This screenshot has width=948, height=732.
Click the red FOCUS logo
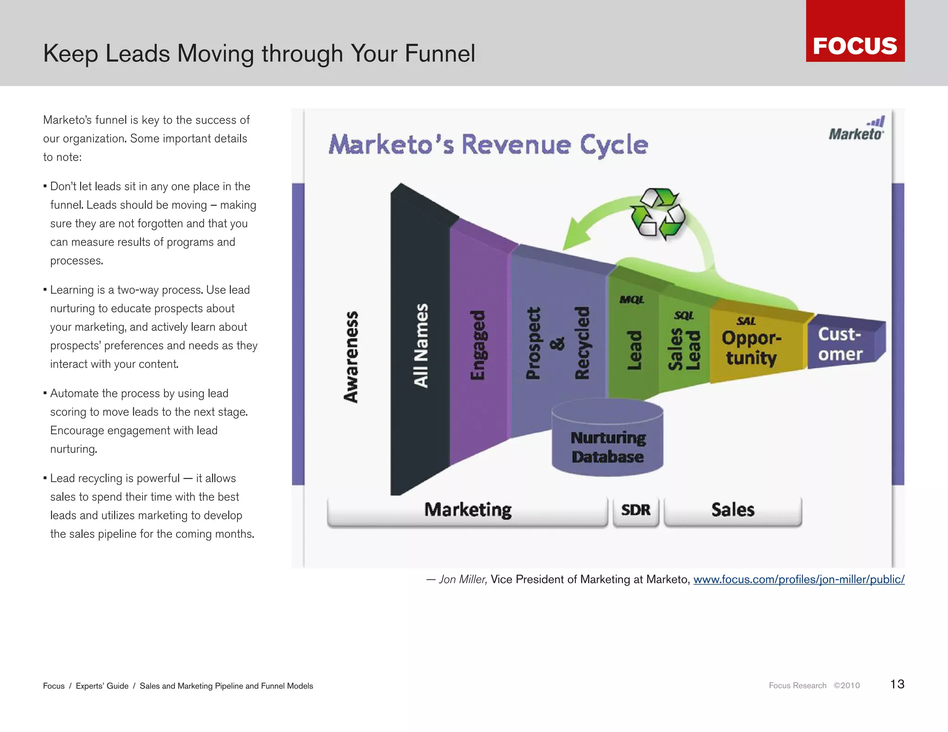(x=855, y=31)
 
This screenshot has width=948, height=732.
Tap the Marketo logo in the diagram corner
(x=856, y=129)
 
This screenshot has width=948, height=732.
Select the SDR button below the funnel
(x=636, y=510)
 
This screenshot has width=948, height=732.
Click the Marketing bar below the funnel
(x=468, y=510)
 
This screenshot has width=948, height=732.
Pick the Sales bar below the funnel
(x=733, y=510)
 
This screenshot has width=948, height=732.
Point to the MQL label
(x=632, y=300)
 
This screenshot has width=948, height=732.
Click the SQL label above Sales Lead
(x=684, y=316)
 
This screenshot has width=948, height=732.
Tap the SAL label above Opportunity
(x=746, y=321)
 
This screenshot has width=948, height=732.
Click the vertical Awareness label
(x=351, y=356)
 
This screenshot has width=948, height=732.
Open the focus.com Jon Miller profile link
(x=798, y=580)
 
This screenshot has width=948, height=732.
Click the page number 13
(x=897, y=684)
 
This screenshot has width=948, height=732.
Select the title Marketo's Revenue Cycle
(x=488, y=144)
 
